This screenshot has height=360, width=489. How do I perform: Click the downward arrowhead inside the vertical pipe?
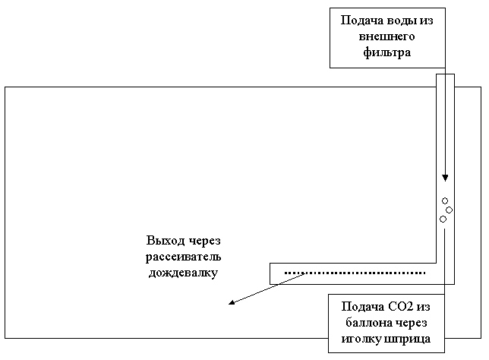tap(445, 178)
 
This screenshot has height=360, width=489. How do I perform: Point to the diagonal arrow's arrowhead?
tap(232, 305)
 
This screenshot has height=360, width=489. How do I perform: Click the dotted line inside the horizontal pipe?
tap(354, 272)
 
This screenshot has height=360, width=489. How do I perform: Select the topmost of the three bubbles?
tap(445, 201)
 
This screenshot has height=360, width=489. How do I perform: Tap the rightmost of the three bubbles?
tap(449, 210)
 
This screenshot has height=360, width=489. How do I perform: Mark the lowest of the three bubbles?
tap(443, 219)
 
